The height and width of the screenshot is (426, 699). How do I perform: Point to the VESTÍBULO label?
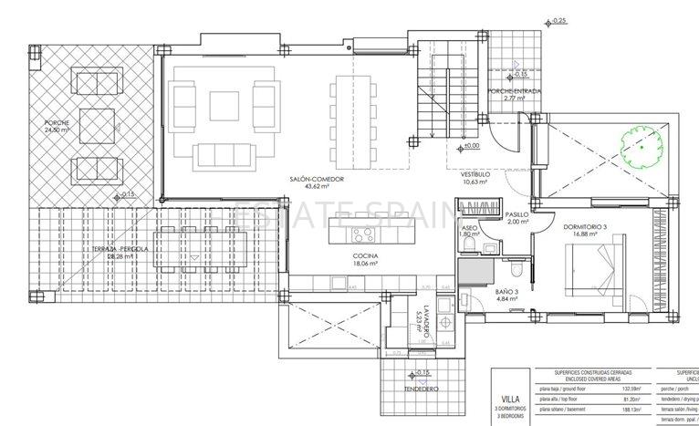click(475, 173)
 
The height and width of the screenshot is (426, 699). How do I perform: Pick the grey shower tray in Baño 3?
click(475, 270)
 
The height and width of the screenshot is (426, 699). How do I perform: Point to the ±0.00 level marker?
click(470, 146)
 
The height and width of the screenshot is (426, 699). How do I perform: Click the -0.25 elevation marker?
click(558, 19)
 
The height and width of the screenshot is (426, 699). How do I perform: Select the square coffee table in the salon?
click(223, 109)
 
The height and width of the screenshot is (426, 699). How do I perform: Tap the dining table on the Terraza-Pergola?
click(193, 250)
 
